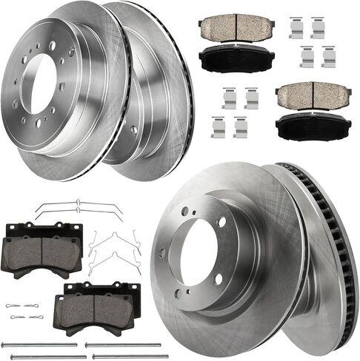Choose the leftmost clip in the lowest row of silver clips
(218, 127)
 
